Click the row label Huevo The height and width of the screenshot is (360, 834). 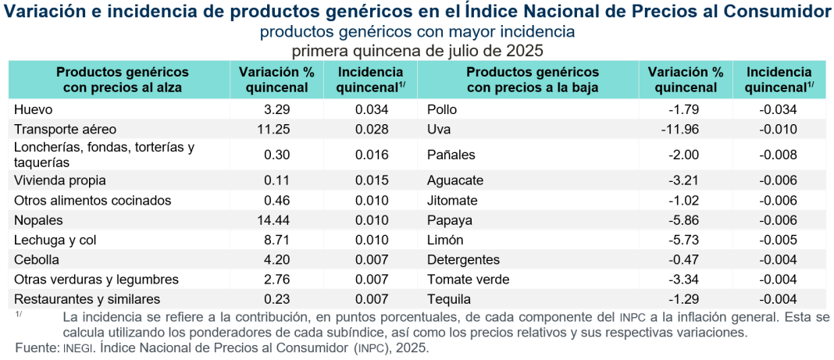(x=34, y=109)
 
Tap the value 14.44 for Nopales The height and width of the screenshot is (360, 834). (x=274, y=220)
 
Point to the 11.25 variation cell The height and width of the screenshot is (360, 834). (x=274, y=129)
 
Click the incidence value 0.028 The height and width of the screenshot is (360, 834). (x=372, y=129)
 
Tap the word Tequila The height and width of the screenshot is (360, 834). (x=448, y=299)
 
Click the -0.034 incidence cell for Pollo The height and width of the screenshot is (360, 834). (x=778, y=109)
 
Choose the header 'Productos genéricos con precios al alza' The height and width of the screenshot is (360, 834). (x=123, y=80)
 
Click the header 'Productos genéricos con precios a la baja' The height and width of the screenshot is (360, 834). (x=532, y=80)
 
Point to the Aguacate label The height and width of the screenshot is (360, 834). (x=455, y=180)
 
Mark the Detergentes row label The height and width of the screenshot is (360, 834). (x=463, y=259)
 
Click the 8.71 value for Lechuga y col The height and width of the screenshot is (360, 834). (x=277, y=240)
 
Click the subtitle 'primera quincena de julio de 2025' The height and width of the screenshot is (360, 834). (x=417, y=50)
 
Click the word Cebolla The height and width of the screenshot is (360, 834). (x=37, y=259)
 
